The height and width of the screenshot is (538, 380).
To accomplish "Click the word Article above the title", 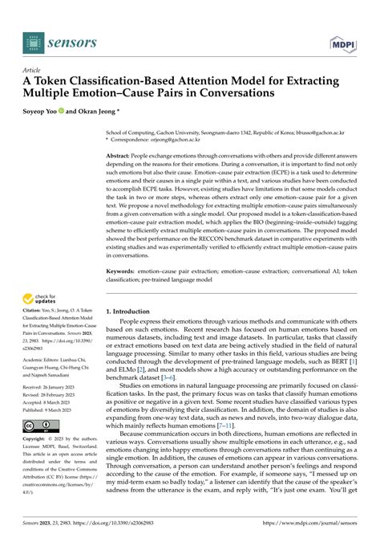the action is coord(33,69).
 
